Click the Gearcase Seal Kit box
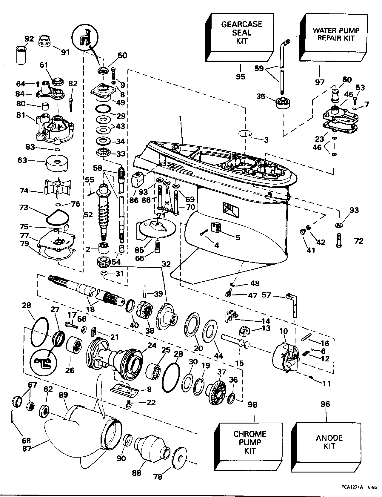241,33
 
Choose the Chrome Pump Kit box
249,443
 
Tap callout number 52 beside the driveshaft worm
89,214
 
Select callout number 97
319,82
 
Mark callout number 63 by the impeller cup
22,160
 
